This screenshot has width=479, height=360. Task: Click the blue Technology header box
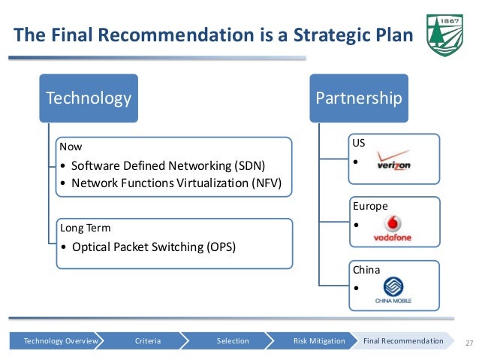click(89, 98)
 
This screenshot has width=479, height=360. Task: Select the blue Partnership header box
click(359, 98)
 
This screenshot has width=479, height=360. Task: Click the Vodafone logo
click(393, 228)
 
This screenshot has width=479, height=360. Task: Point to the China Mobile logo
click(393, 292)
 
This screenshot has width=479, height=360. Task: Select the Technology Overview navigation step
click(61, 341)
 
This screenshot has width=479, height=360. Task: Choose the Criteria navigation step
click(148, 341)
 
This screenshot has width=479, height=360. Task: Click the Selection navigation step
click(233, 341)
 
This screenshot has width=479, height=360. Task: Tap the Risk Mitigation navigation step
click(319, 341)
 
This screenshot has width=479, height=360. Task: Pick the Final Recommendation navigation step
click(403, 341)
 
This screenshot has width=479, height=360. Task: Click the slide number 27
click(471, 342)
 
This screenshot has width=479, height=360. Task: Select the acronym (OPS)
click(218, 246)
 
